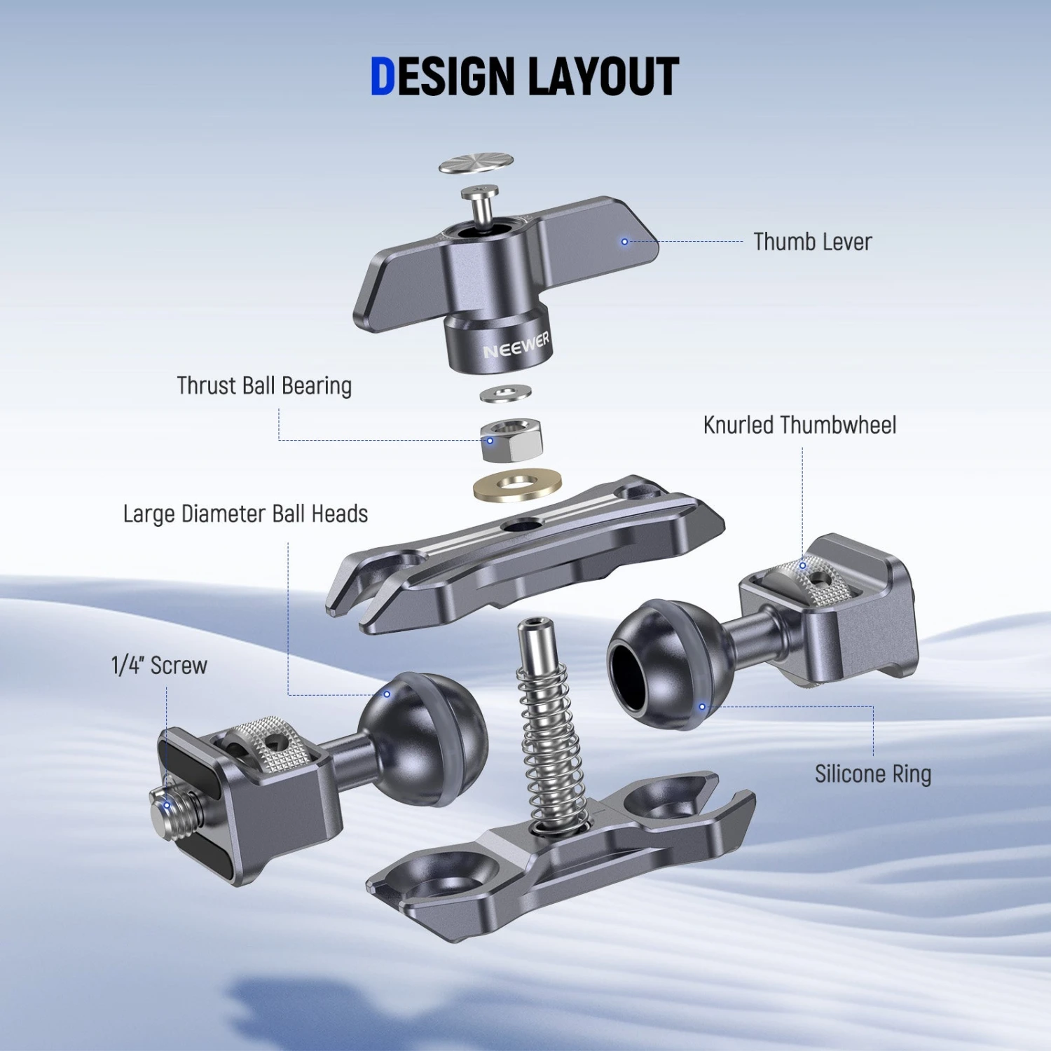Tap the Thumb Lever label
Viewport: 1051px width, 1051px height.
pyautogui.click(x=813, y=242)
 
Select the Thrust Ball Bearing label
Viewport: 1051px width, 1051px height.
pyautogui.click(x=264, y=385)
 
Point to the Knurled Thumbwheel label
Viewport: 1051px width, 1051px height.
pyautogui.click(x=799, y=425)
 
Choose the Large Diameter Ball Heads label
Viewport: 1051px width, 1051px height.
pyautogui.click(x=245, y=514)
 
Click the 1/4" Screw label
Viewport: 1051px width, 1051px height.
pyautogui.click(x=159, y=665)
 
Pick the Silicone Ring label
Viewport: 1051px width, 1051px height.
pyautogui.click(x=873, y=774)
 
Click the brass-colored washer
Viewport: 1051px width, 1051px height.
pyautogui.click(x=518, y=485)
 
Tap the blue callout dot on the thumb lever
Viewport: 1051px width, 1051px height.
pyautogui.click(x=624, y=242)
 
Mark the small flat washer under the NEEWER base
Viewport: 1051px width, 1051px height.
pyautogui.click(x=505, y=393)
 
